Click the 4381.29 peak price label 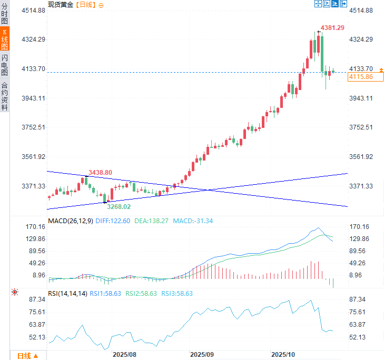click(x=333, y=28)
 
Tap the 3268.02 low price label click(x=119, y=207)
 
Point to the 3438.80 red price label click(x=100, y=173)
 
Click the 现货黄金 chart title click(x=61, y=5)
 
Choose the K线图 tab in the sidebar click(x=5, y=39)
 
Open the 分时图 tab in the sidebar click(x=5, y=14)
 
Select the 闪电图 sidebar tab click(x=5, y=65)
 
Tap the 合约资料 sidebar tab click(x=5, y=96)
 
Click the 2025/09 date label click(x=202, y=355)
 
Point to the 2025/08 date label click(x=124, y=355)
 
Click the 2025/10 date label click(x=283, y=355)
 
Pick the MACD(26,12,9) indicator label click(x=70, y=221)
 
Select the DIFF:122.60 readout click(x=113, y=221)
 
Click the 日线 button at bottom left click(x=27, y=356)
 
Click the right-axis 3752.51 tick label click(x=361, y=127)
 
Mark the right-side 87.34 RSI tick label click(x=358, y=299)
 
